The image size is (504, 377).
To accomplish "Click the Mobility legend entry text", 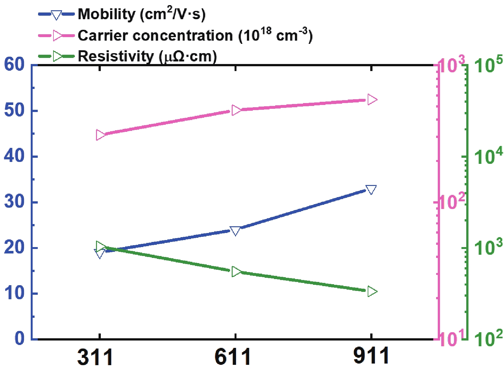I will point(141,14).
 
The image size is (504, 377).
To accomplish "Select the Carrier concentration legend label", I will point(195,35).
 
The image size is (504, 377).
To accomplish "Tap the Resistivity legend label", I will point(147,56).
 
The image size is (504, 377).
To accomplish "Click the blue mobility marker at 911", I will point(371,189).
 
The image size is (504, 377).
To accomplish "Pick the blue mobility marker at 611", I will point(235,231).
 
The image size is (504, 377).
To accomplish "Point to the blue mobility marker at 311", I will point(100,254).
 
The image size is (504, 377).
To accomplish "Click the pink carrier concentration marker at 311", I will point(101,135).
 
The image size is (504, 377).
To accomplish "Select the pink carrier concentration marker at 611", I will point(236,110).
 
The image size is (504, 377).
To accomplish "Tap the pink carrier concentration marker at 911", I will point(372,100).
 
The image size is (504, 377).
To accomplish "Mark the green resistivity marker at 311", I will point(101,246).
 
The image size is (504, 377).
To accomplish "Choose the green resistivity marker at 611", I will point(236,272).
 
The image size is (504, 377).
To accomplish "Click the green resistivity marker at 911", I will point(372,292).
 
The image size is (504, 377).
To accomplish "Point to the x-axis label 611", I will point(233,357).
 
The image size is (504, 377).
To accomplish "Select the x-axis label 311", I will point(95,357).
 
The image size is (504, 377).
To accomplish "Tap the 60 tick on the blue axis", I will point(14,65).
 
